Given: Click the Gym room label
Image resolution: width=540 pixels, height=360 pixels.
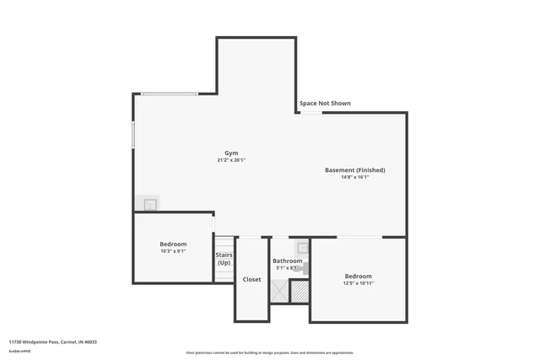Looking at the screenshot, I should [x=230, y=153].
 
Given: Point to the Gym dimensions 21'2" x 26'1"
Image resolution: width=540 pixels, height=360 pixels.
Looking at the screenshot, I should [x=230, y=160].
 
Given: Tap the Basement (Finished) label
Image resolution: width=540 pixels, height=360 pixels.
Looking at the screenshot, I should [x=354, y=170].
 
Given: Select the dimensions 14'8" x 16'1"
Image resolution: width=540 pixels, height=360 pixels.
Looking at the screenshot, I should [x=354, y=178].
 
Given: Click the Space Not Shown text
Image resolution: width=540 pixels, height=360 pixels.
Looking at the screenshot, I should [x=325, y=104].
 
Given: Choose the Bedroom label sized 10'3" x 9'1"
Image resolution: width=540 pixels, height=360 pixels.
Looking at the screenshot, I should [x=173, y=244].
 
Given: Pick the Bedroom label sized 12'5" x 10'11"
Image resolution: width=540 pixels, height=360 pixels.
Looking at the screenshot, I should [x=358, y=276].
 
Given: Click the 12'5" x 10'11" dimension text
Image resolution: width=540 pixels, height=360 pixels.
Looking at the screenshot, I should [x=358, y=283].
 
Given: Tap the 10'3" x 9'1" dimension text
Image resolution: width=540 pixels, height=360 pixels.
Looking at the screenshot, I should [x=173, y=251].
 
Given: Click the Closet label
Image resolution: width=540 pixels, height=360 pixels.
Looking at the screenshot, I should [x=251, y=279].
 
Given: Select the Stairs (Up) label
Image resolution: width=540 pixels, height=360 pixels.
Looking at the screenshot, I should [x=224, y=258].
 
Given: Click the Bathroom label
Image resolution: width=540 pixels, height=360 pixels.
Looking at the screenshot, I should [x=287, y=261].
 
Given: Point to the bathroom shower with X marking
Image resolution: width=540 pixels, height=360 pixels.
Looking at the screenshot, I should [x=279, y=290].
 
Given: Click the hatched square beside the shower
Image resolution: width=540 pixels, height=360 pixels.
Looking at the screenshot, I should [x=300, y=291].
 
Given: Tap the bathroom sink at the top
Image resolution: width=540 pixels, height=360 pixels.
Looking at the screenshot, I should [x=302, y=249].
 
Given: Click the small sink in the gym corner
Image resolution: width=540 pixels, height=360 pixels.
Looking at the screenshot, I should [x=149, y=204].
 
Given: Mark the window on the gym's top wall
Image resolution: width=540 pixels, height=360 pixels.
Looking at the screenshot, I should [x=170, y=94].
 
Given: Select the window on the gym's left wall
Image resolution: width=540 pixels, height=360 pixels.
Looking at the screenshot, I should [x=133, y=135].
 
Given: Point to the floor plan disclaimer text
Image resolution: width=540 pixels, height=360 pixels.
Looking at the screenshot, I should [x=270, y=352].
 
